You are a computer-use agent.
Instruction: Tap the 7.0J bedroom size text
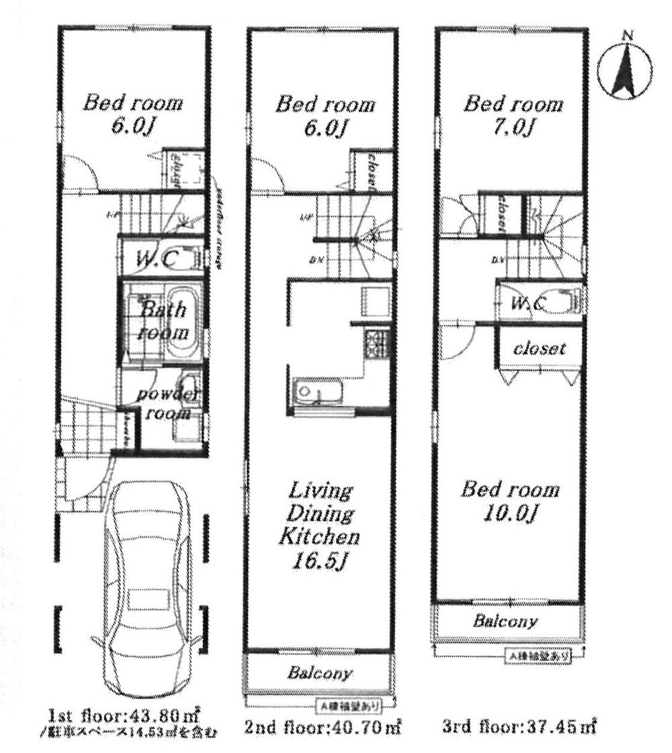coord(513,127)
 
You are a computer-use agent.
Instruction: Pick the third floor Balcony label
coord(505,621)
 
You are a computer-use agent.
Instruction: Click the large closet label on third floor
coord(539,349)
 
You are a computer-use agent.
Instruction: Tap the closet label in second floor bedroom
coord(370,172)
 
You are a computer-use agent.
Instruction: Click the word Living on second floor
coord(320,492)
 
